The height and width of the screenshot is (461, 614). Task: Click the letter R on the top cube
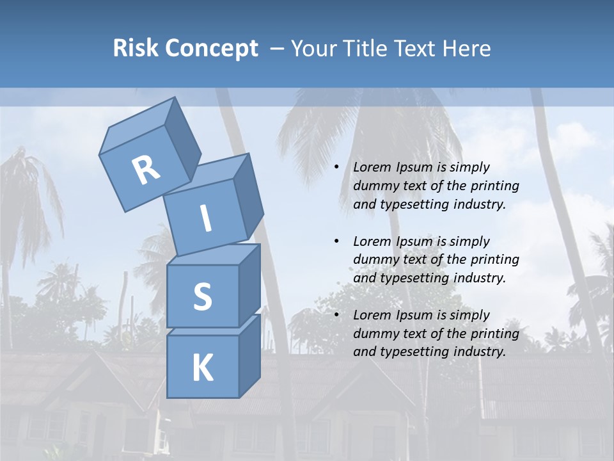point(146,170)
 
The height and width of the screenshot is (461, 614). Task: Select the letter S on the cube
point(202,296)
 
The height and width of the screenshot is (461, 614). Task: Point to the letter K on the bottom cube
point(202,368)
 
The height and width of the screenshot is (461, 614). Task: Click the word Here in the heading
point(466,49)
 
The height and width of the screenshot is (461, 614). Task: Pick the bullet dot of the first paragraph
point(336,168)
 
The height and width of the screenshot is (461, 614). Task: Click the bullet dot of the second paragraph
point(336,241)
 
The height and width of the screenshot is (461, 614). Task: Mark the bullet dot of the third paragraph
point(336,315)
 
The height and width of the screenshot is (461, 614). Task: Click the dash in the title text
point(277,49)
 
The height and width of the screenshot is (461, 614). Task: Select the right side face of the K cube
point(249,355)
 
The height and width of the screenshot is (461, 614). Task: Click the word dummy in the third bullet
point(374,334)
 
